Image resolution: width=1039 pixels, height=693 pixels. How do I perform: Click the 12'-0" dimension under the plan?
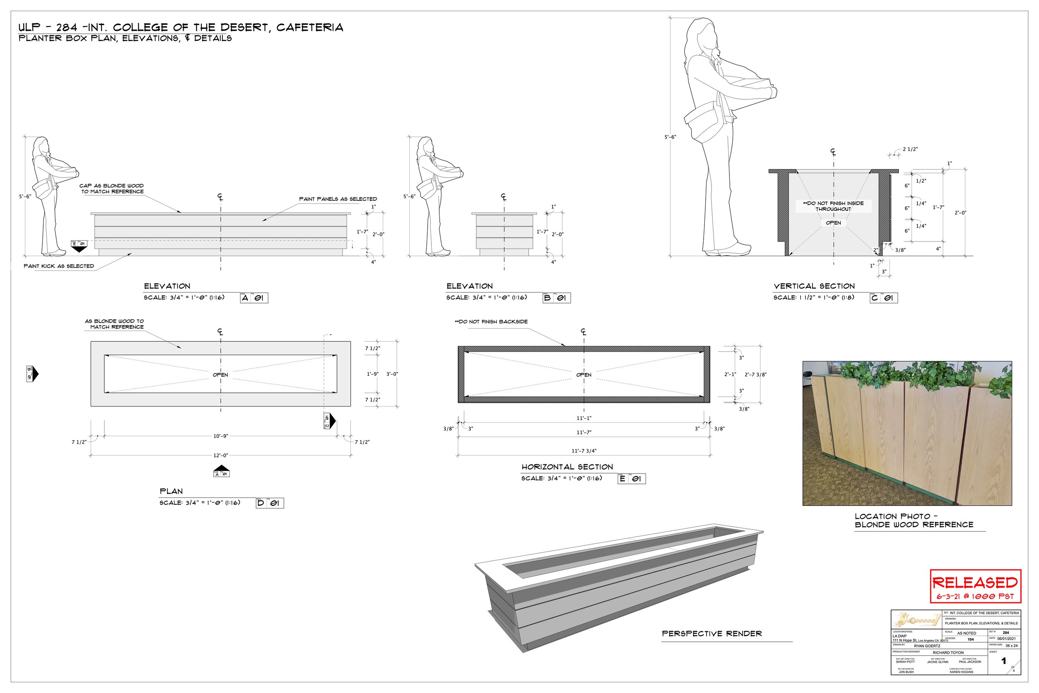220,455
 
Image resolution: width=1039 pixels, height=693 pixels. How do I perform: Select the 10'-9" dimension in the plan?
220,436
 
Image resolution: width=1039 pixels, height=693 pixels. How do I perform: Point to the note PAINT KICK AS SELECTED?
59,266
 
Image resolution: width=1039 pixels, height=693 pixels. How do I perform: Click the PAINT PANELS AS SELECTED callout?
338,199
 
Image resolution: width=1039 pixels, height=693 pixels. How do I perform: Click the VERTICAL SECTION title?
814,286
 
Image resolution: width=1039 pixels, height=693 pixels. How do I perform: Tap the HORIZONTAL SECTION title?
567,467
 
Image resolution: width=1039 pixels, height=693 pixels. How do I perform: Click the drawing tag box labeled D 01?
269,503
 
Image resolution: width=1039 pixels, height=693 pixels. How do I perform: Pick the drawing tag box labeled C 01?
884,298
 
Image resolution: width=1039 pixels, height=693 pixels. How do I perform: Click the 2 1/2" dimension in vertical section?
910,149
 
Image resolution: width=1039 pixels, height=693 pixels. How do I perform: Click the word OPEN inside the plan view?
220,375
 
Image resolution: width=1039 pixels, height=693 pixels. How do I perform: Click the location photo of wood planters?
907,433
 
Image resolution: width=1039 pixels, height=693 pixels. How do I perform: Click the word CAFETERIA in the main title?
310,27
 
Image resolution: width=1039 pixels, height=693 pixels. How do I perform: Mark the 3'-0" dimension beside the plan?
392,374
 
